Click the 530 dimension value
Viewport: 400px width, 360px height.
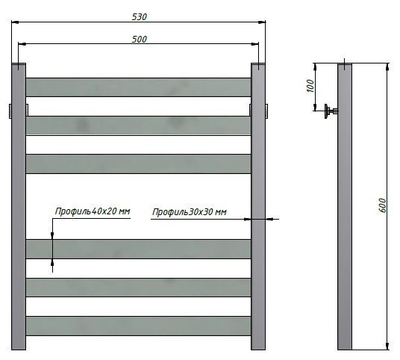pyautogui.click(x=139, y=16)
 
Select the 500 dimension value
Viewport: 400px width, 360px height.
pyautogui.click(x=139, y=39)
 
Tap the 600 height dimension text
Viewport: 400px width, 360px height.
pyautogui.click(x=382, y=207)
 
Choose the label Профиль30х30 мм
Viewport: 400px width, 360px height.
pyautogui.click(x=190, y=213)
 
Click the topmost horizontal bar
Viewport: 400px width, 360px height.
pyautogui.click(x=139, y=87)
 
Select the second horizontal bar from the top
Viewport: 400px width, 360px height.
pyautogui.click(x=139, y=125)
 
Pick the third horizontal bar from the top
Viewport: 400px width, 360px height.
pyautogui.click(x=139, y=164)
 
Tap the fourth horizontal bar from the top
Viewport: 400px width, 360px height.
pyautogui.click(x=139, y=249)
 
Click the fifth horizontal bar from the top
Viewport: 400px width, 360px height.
pyautogui.click(x=139, y=288)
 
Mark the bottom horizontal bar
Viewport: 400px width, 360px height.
pyautogui.click(x=139, y=326)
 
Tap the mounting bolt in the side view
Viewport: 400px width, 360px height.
pyautogui.click(x=330, y=112)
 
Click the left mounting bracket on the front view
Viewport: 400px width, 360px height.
pyautogui.click(x=9, y=110)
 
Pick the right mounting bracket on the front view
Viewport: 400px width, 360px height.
pyautogui.click(x=268, y=110)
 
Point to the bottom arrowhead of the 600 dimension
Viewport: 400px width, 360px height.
pyautogui.click(x=387, y=344)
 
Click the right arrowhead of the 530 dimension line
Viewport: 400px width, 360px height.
pyautogui.click(x=262, y=22)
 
